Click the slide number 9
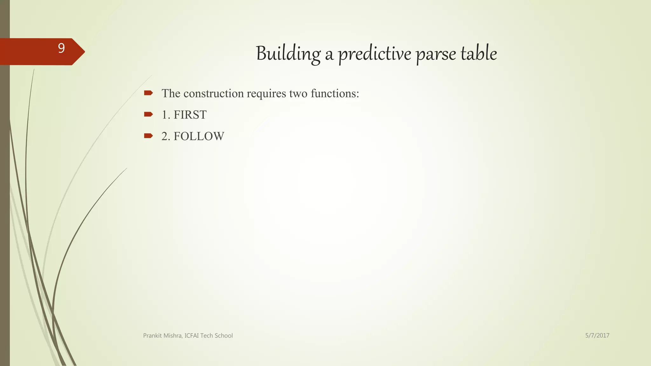[x=61, y=48]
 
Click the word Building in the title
[x=288, y=54]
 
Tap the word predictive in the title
[x=374, y=54]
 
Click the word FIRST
[x=190, y=115]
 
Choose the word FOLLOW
[x=199, y=136]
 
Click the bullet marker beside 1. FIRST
[x=148, y=114]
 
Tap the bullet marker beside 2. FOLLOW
[x=148, y=136]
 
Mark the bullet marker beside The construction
[x=148, y=93]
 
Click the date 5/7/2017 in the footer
[x=597, y=335]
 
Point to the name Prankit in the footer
[x=152, y=336]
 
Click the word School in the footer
[x=223, y=336]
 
